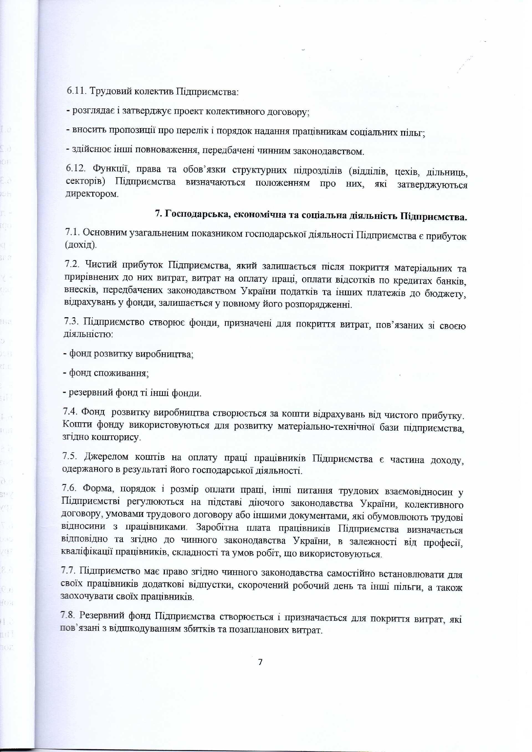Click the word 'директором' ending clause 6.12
pos(91,194)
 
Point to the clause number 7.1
pos(72,232)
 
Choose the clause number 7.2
pos(72,264)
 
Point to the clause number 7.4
pos(70,411)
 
